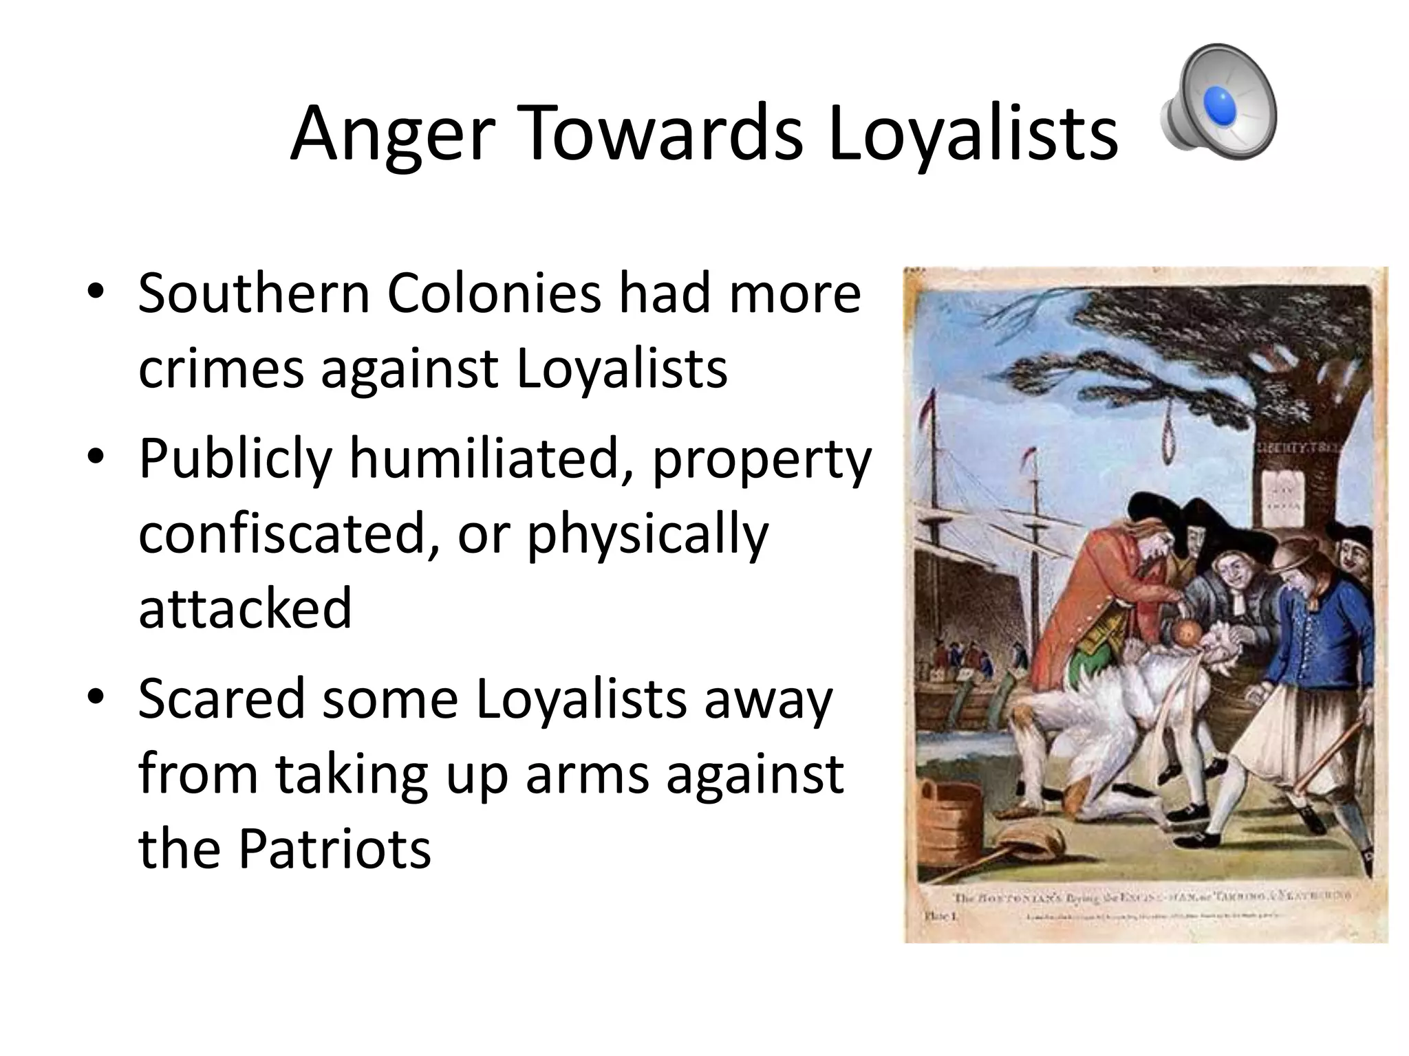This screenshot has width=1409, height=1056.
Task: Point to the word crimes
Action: point(220,369)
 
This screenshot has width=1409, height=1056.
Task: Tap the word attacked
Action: point(245,608)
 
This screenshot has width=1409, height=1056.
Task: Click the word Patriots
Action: point(334,850)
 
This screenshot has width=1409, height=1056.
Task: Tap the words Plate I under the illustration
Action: point(936,916)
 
